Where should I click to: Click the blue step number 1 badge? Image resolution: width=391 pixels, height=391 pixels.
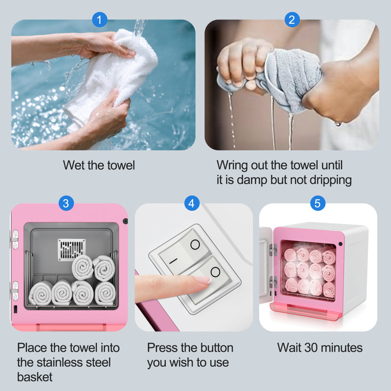pyautogui.click(x=100, y=20)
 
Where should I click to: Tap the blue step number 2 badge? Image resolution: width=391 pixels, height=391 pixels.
pyautogui.click(x=292, y=20)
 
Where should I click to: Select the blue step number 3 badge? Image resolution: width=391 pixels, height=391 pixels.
pyautogui.click(x=66, y=203)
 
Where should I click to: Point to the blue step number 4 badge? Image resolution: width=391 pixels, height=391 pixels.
pyautogui.click(x=192, y=203)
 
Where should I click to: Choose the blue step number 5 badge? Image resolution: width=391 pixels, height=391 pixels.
pyautogui.click(x=318, y=203)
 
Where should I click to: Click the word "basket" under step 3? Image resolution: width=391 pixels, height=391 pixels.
pyautogui.click(x=35, y=377)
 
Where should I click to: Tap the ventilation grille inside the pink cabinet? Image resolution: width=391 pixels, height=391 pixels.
pyautogui.click(x=71, y=250)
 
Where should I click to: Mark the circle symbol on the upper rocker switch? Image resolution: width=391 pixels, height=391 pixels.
pyautogui.click(x=195, y=245)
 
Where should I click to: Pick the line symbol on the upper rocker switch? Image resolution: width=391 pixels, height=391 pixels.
pyautogui.click(x=174, y=261)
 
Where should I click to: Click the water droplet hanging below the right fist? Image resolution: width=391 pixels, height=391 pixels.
pyautogui.click(x=338, y=124)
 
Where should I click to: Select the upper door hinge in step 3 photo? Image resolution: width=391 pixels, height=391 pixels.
pyautogui.click(x=15, y=239)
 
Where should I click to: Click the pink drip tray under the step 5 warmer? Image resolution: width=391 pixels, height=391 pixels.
pyautogui.click(x=306, y=311)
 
